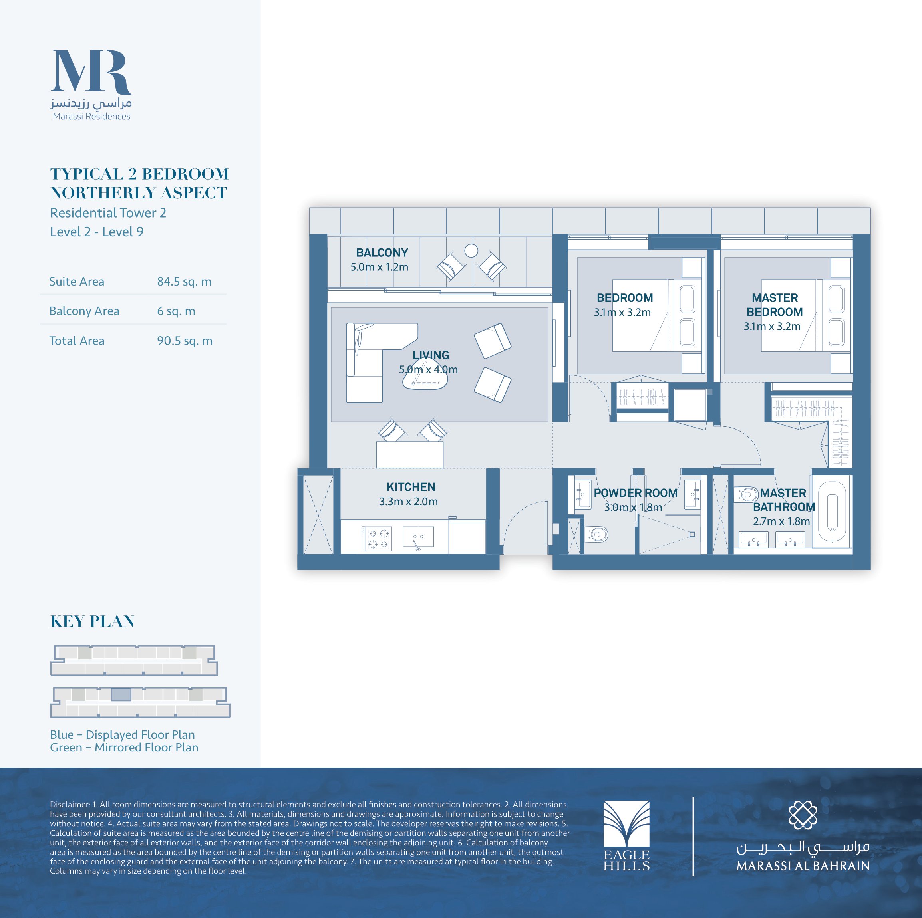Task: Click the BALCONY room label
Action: (x=382, y=252)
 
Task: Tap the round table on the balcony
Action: (x=471, y=250)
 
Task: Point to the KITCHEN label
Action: (x=411, y=487)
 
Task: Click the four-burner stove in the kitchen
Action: (x=377, y=539)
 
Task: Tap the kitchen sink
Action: (x=418, y=537)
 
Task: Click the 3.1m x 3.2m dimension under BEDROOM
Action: (x=622, y=313)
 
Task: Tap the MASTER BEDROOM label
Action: (x=775, y=305)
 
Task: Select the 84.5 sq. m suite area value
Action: (x=184, y=282)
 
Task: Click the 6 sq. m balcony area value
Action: (x=176, y=311)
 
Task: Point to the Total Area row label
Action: (x=77, y=341)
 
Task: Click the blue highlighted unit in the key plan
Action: (x=121, y=695)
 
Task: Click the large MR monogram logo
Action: (x=91, y=71)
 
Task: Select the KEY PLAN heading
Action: (x=93, y=621)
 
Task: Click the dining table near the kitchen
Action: (x=409, y=455)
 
